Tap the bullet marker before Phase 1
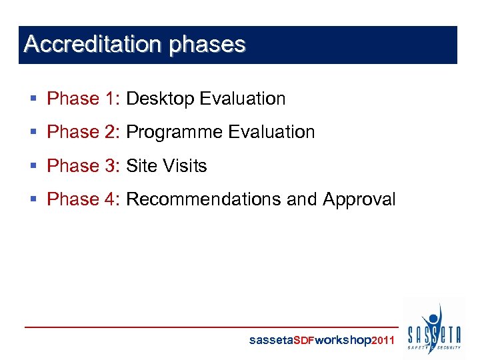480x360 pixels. click(34, 99)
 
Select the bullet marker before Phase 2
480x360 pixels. click(34, 133)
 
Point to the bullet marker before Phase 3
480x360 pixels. click(34, 166)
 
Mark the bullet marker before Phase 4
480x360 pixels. click(34, 199)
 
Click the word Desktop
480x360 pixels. click(160, 99)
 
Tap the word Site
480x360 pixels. click(139, 165)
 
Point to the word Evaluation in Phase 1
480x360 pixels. click(243, 99)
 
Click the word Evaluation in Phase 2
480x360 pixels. click(271, 132)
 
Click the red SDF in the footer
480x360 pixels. click(304, 340)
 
